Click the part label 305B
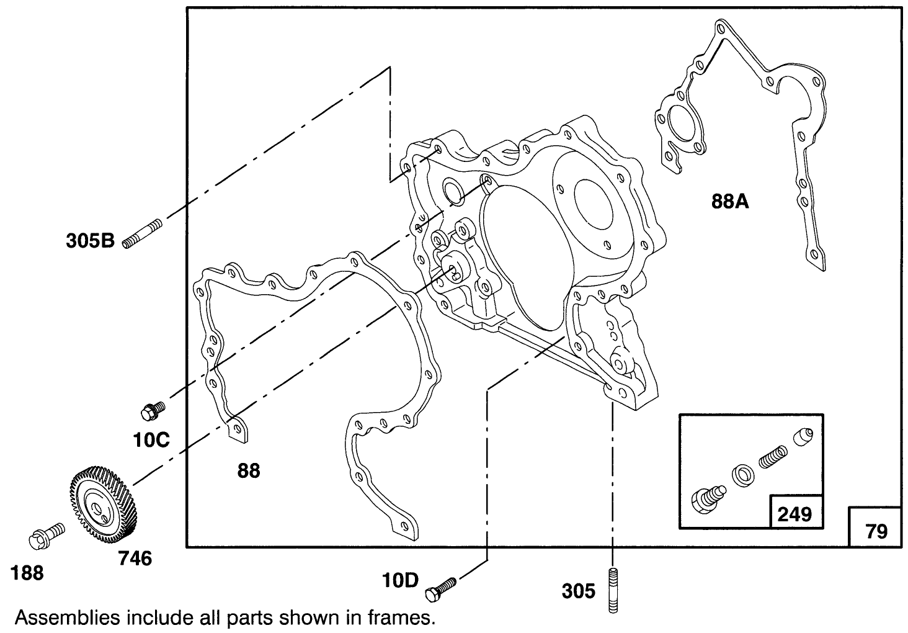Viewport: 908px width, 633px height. click(x=90, y=240)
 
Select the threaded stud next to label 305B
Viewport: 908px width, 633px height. click(x=142, y=234)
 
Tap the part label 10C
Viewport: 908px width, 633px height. click(x=151, y=440)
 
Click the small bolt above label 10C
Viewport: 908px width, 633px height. click(x=153, y=410)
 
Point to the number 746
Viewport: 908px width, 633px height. click(x=135, y=559)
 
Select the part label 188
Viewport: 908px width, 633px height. click(x=27, y=574)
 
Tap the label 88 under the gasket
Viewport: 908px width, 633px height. click(x=249, y=471)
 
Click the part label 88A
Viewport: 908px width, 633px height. click(x=730, y=201)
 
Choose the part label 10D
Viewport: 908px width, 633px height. click(x=401, y=581)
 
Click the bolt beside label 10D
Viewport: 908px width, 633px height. click(x=440, y=588)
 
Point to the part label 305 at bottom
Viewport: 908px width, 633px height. click(x=578, y=591)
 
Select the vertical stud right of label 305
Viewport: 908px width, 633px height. click(x=613, y=590)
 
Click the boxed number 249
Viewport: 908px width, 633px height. click(x=794, y=514)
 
